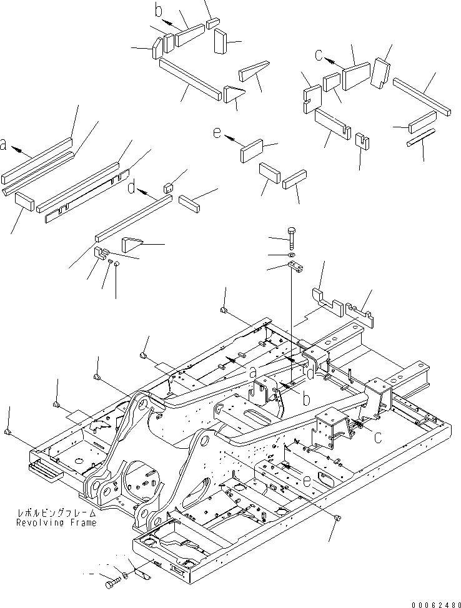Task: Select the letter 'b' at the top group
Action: [158, 11]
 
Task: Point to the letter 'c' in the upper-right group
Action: [319, 56]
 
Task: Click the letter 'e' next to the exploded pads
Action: [217, 133]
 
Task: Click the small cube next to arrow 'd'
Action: [167, 187]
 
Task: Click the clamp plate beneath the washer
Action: [296, 267]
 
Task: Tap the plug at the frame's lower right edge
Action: [338, 517]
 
